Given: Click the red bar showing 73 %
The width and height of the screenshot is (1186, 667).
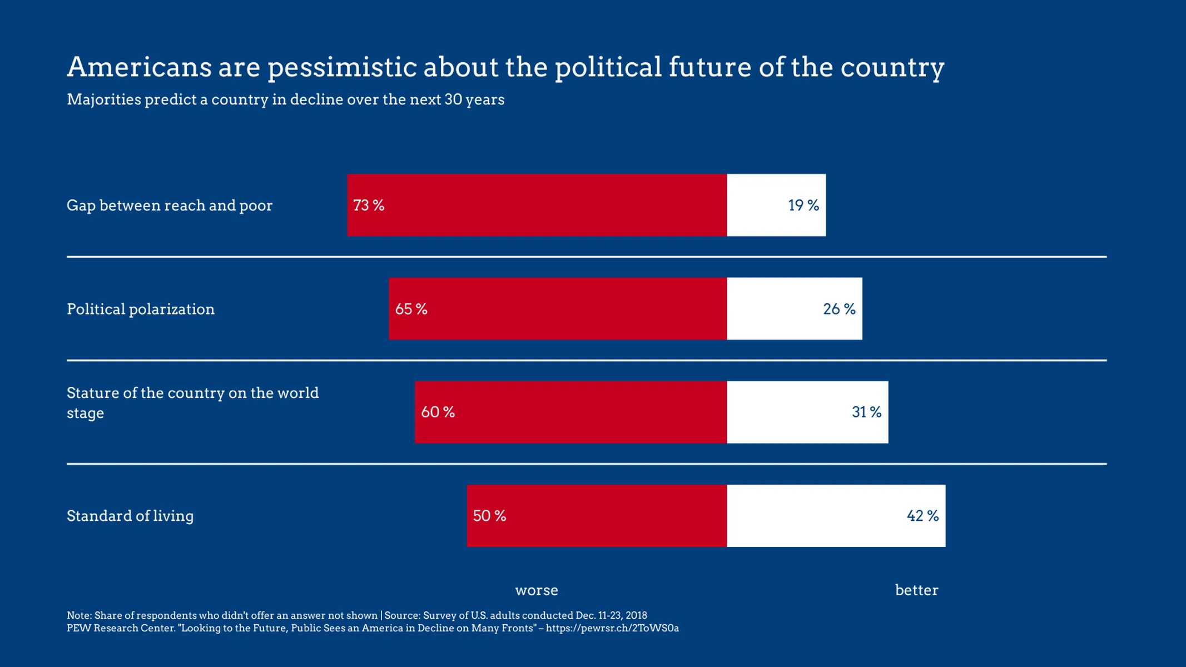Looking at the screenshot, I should (537, 205).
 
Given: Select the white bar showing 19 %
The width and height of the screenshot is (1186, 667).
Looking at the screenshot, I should (776, 205).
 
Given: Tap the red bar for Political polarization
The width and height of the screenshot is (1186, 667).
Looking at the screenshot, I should (558, 308).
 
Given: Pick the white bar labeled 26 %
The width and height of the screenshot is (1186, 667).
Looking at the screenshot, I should (795, 308).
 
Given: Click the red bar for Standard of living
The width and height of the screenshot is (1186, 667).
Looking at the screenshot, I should (597, 516).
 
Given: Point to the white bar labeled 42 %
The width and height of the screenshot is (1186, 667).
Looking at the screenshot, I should (836, 516).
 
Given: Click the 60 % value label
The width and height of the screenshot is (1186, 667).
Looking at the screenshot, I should (438, 412).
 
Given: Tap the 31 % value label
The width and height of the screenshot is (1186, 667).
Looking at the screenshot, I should (866, 412).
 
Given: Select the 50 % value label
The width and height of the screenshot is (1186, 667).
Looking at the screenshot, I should (489, 516).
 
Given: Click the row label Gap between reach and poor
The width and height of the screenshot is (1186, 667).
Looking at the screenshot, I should (170, 206).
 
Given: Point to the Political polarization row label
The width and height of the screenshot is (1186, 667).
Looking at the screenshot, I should (141, 309).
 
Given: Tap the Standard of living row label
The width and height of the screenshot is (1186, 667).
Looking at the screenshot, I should (130, 516).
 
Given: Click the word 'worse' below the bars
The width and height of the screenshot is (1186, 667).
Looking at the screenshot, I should (537, 590).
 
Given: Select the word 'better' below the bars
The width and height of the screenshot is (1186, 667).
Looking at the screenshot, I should (916, 590).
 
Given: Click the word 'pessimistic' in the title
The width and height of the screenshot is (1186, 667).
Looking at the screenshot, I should (342, 68).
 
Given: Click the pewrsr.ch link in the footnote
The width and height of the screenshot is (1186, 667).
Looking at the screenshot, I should (612, 628).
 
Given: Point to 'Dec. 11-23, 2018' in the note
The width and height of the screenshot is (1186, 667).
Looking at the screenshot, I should (611, 615).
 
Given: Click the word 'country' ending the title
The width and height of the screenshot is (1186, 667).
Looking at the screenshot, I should (892, 68).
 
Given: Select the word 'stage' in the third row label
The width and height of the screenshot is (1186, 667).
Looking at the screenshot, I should (85, 414).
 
